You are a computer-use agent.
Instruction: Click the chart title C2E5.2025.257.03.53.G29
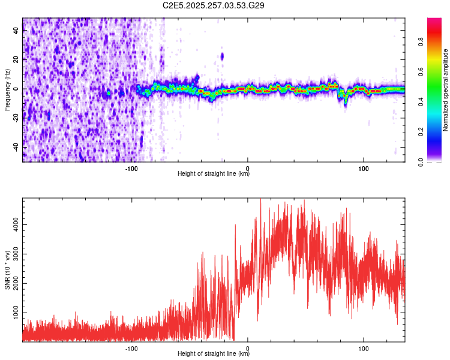(214, 5)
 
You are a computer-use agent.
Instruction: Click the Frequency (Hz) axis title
(7, 90)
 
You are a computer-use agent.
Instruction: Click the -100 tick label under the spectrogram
(132, 167)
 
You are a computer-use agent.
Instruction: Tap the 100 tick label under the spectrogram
(363, 167)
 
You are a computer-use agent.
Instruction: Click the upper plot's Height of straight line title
(214, 174)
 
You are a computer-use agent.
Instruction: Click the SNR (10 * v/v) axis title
(7, 270)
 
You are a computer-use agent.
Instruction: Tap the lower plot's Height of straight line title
(214, 354)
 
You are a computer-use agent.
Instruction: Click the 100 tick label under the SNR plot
(363, 348)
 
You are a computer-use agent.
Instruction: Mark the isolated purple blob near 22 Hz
(222, 56)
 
